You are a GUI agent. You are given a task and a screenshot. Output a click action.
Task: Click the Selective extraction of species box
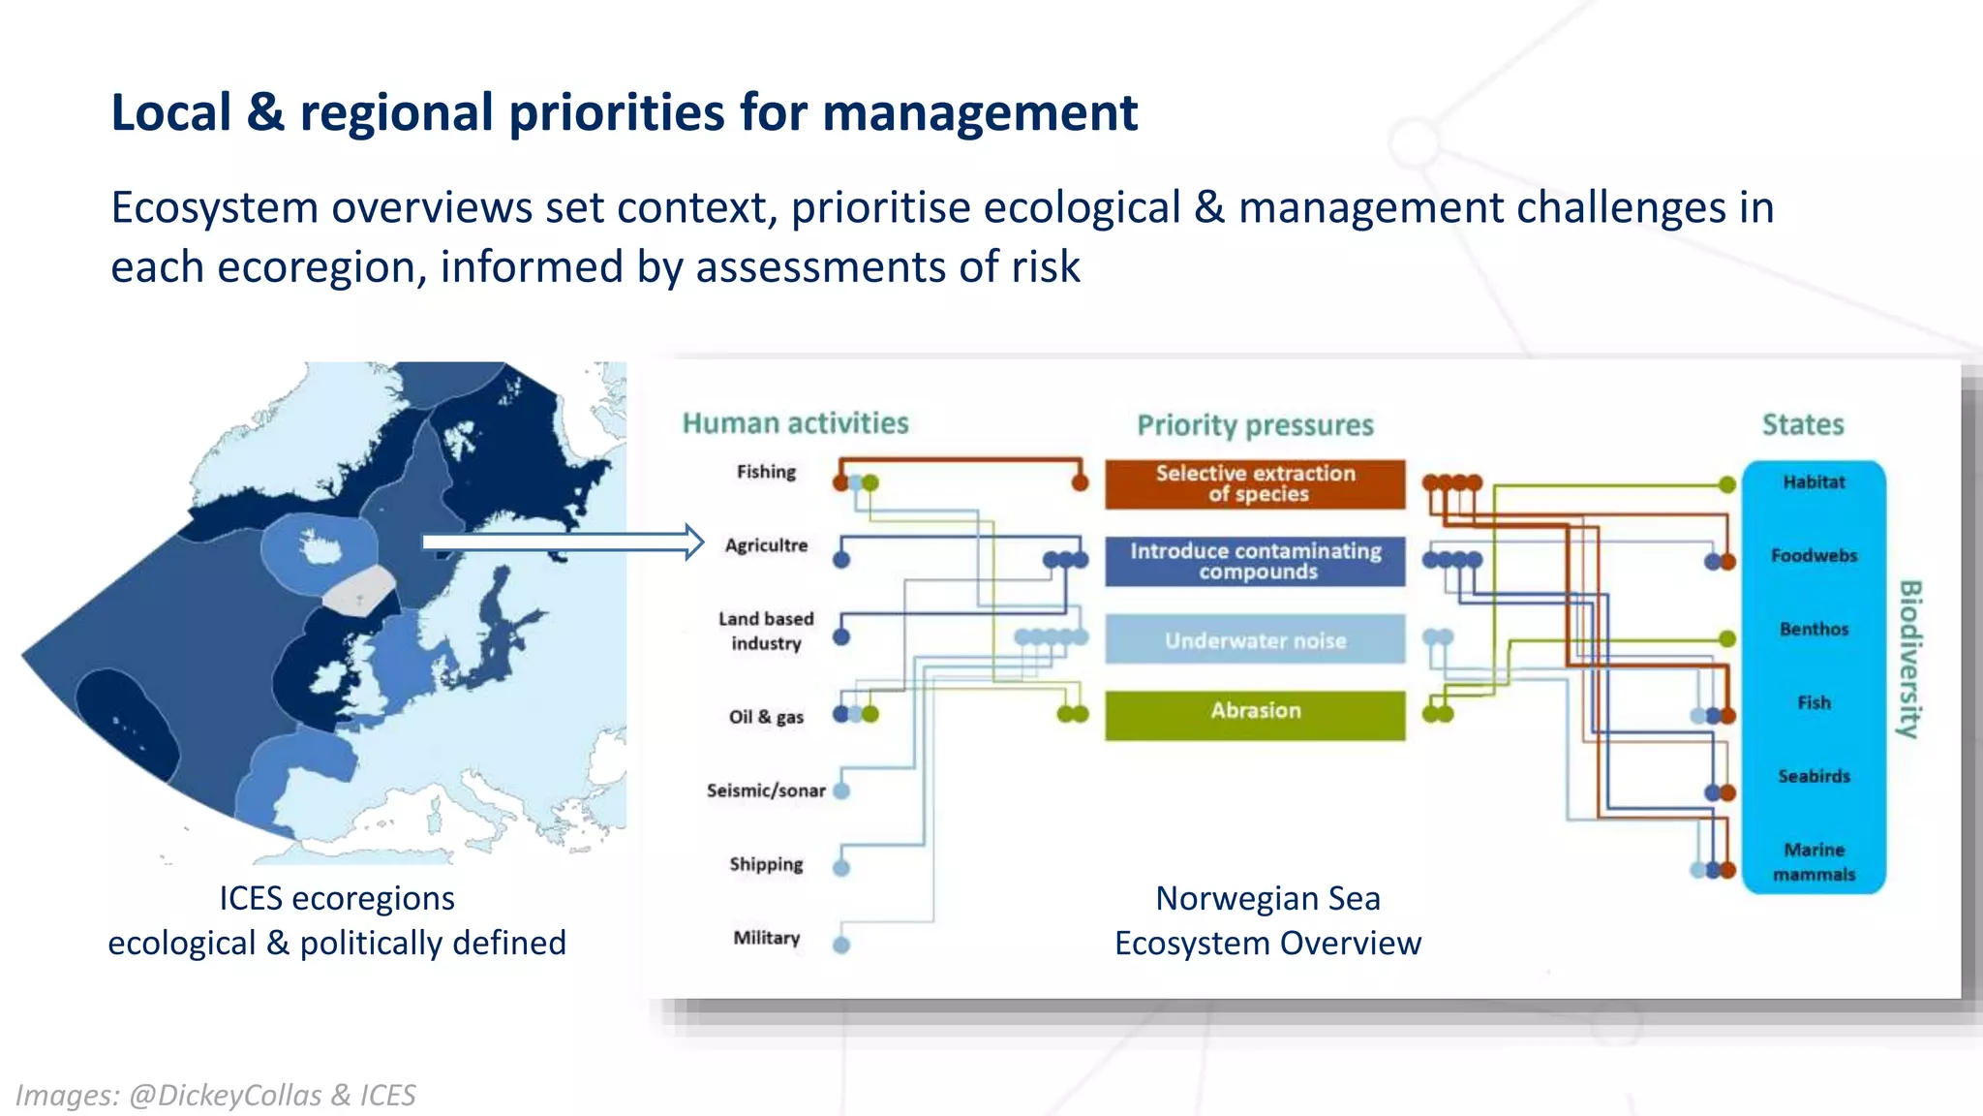(1255, 483)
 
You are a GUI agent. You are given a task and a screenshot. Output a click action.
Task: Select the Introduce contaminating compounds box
(1255, 561)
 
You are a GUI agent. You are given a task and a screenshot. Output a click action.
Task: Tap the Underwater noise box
(1255, 639)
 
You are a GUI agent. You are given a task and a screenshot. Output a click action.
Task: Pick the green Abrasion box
(1255, 714)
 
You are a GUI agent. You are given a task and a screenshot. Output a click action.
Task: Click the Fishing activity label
(766, 472)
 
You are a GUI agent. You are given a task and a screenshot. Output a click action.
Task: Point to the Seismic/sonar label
(766, 790)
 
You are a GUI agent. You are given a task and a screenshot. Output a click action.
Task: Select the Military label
(766, 938)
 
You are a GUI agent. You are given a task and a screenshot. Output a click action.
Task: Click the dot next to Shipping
(841, 867)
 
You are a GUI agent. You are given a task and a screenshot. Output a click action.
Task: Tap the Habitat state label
(1814, 481)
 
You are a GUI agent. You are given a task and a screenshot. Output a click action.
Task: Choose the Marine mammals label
(1814, 861)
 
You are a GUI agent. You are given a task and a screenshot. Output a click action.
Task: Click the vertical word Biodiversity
(1908, 659)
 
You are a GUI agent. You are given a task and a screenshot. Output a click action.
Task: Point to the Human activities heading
(795, 423)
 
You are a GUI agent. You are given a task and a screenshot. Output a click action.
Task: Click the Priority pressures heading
(1255, 425)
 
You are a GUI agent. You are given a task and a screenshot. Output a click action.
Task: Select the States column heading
(1802, 424)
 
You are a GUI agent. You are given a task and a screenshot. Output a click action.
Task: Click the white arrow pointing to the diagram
(562, 542)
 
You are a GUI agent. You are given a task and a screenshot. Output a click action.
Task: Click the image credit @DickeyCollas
(225, 1095)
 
